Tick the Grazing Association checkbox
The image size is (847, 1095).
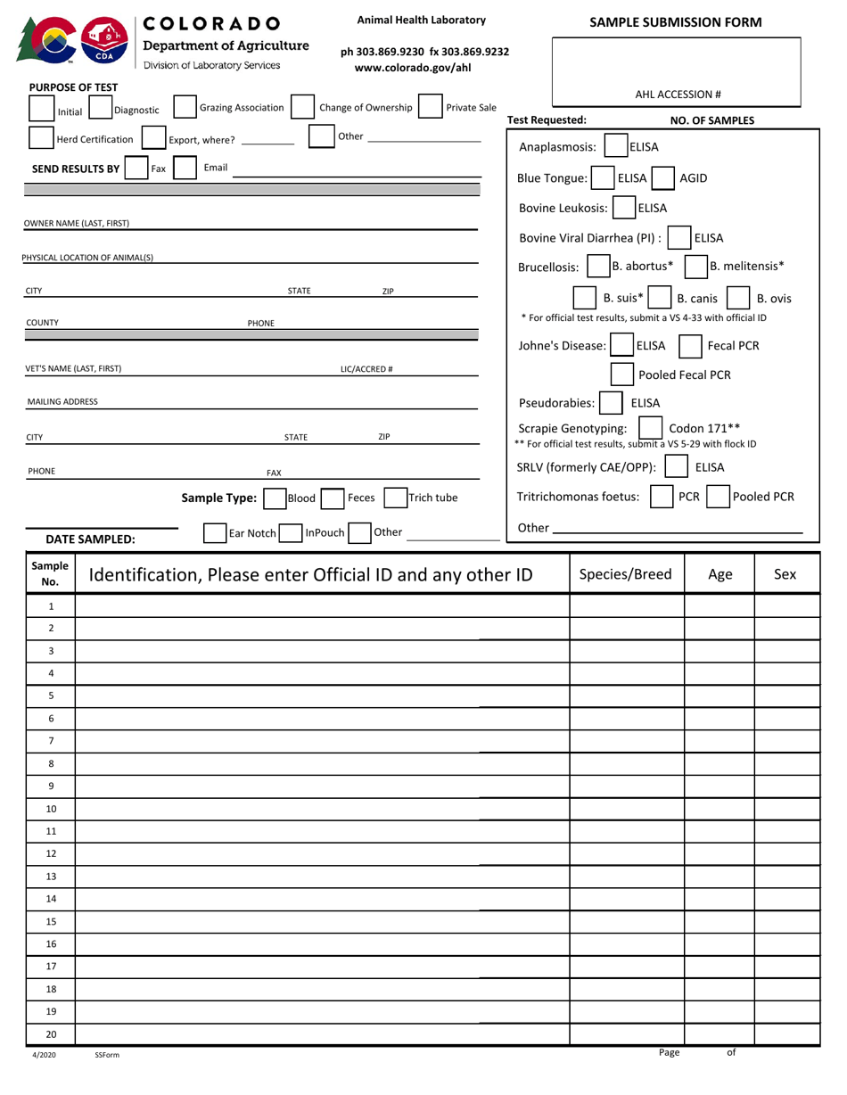point(185,107)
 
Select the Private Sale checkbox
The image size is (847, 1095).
point(430,106)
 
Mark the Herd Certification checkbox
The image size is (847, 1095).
point(41,138)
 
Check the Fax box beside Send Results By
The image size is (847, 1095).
point(136,168)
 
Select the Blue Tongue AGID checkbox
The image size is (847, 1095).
point(662,178)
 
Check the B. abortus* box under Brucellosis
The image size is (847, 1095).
point(598,267)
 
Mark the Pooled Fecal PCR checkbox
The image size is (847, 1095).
point(622,375)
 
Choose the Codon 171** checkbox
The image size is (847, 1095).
point(651,428)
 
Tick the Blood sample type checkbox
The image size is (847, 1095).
point(275,498)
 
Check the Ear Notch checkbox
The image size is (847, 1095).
point(215,533)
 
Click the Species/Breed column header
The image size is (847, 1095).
point(626,574)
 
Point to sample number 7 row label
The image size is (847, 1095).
point(51,741)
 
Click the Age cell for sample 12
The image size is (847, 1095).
point(720,853)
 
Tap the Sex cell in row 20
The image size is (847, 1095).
point(786,1034)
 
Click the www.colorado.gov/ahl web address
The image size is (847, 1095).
point(413,67)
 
